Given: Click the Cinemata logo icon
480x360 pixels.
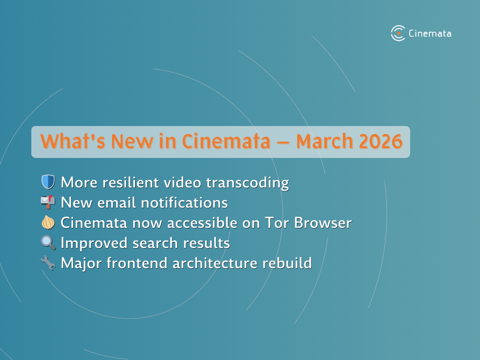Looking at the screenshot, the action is pos(398,33).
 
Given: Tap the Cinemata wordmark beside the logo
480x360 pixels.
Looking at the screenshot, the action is pos(430,33).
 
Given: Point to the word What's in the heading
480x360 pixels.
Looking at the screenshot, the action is pos(72,142).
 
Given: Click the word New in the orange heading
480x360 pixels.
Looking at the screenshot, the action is pos(132,142).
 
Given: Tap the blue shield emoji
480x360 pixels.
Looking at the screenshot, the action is pos(48,182).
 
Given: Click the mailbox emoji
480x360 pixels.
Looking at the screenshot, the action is pos(48,202).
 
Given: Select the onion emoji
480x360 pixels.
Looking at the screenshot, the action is pos(48,222).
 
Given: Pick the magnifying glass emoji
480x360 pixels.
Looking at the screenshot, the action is pos(48,243).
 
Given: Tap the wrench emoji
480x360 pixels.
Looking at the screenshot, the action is pos(48,263).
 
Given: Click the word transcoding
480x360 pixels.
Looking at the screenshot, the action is pos(247,183).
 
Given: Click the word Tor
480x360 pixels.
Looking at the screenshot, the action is pos(277,223).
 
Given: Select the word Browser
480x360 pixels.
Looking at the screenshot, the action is pos(323,223).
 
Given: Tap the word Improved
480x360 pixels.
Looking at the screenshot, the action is pos(94,244).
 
